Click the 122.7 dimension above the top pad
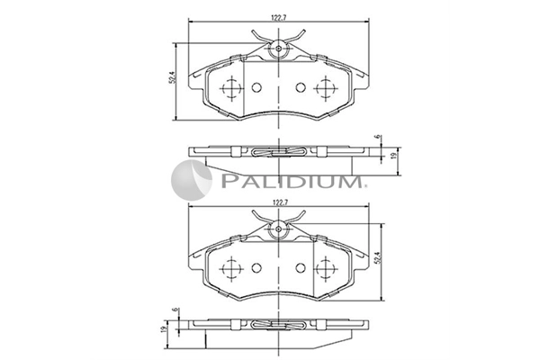coord(279,18)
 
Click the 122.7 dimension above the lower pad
coord(279,202)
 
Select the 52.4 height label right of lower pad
coord(377,258)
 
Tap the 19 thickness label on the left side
coord(164,328)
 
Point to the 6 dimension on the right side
coord(378,137)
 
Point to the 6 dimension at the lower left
coord(175,310)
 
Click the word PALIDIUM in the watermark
coord(292,181)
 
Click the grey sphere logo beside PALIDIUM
coord(192,180)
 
